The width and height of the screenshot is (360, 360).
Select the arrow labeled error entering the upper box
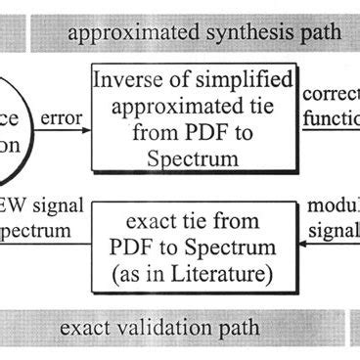(x=66, y=130)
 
